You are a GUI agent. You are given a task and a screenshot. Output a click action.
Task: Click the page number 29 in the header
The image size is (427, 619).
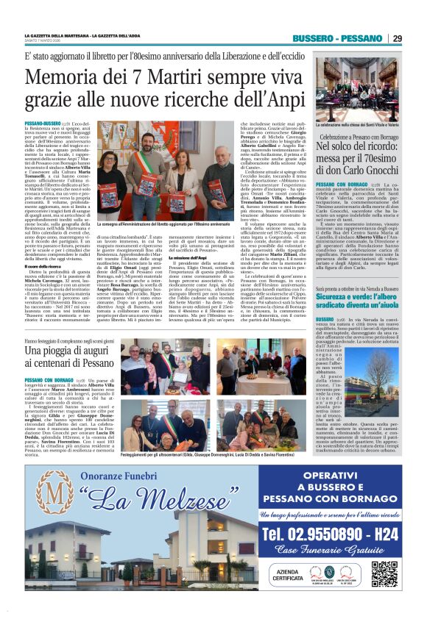click(397, 38)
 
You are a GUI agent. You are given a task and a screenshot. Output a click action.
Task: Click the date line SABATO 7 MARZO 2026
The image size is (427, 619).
click(46, 40)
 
